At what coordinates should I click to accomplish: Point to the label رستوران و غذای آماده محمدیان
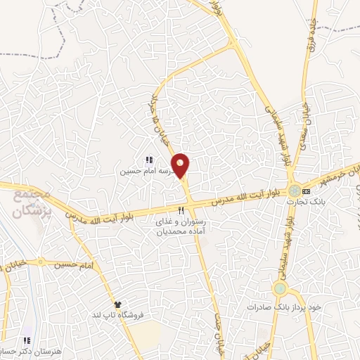tap(182, 226)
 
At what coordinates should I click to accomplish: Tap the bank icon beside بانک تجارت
tap(306, 191)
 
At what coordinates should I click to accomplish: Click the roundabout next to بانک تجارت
tap(292, 191)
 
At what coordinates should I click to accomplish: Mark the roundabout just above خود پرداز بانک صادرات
tap(281, 288)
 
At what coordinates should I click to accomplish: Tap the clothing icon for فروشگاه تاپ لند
tap(117, 304)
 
